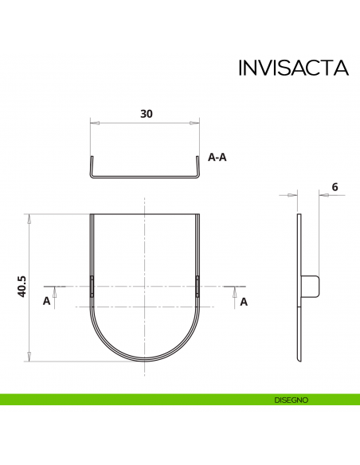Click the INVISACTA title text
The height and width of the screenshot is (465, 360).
(x=293, y=68)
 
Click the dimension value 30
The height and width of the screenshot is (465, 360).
(x=146, y=114)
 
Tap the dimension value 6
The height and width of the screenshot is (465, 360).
(x=335, y=187)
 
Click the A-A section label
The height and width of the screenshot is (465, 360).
(x=217, y=158)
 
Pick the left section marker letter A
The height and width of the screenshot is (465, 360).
(x=46, y=301)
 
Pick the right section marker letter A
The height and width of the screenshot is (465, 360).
(x=244, y=301)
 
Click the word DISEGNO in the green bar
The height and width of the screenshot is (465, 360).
(x=291, y=400)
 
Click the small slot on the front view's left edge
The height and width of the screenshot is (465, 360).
(x=92, y=284)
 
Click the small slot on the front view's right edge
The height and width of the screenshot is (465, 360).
(x=197, y=284)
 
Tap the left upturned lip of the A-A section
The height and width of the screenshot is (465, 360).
(x=91, y=167)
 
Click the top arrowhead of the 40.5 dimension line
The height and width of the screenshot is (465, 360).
(x=29, y=217)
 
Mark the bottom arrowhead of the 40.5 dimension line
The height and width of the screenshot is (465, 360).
(x=29, y=357)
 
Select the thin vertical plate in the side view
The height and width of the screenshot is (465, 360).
(x=299, y=287)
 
